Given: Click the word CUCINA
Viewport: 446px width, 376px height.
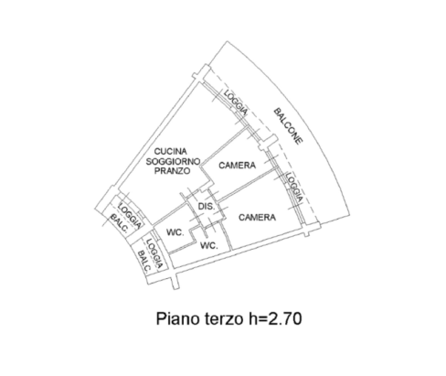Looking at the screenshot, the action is coord(170,151).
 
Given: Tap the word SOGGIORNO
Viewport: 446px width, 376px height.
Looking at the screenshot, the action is coord(173,161).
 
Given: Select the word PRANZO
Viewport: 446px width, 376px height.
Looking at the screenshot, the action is coord(172,171).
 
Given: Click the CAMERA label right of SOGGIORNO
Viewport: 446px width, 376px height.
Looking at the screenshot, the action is coord(237,166).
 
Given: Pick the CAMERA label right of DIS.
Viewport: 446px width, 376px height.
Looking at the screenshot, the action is coord(257,218).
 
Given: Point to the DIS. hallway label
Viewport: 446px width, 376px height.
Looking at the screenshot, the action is coord(207,207).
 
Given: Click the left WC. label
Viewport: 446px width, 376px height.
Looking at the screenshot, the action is coord(175,232).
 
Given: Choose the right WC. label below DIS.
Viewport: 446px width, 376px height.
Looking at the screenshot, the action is coord(208,245).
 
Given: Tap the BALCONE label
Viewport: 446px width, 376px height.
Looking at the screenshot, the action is coord(288,125).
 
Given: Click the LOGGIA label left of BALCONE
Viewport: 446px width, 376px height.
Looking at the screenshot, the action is coord(235,102).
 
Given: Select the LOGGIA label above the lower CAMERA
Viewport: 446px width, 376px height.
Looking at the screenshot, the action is coord(294,188).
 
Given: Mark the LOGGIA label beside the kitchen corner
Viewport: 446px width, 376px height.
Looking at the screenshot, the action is coord(130,216).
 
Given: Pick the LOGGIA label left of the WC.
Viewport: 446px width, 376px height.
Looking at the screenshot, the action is coord(154,253).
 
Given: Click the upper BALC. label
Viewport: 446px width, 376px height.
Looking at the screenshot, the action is coord(119,223).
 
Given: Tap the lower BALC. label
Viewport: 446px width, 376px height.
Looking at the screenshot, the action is coord(144,262).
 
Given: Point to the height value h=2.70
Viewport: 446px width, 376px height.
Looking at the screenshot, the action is coord(275,318).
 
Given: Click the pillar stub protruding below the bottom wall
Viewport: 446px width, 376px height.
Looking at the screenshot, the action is coord(175,282).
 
